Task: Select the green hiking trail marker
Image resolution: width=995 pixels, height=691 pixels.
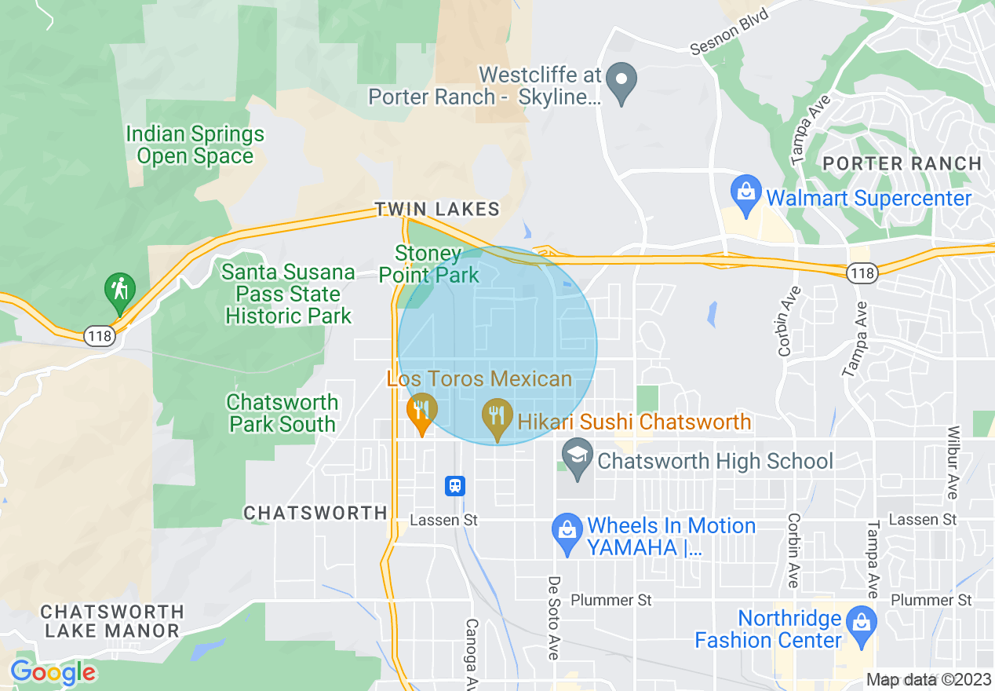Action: (120, 291)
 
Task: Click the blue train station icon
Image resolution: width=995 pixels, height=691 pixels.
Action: (455, 486)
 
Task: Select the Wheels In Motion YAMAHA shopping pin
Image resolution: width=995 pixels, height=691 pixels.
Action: (566, 528)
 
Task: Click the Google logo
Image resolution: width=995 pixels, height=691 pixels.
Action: (53, 672)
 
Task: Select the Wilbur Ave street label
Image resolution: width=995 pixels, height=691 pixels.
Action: (953, 462)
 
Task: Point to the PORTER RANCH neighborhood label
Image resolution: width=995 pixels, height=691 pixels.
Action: (902, 164)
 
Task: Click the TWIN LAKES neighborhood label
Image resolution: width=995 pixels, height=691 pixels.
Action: (437, 209)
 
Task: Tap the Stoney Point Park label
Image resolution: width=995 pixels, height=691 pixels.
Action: (429, 265)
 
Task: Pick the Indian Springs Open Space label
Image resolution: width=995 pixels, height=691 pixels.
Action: (195, 145)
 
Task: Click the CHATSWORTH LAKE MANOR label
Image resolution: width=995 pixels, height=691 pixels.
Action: (112, 621)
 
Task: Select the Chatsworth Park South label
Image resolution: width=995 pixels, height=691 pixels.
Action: (282, 414)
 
